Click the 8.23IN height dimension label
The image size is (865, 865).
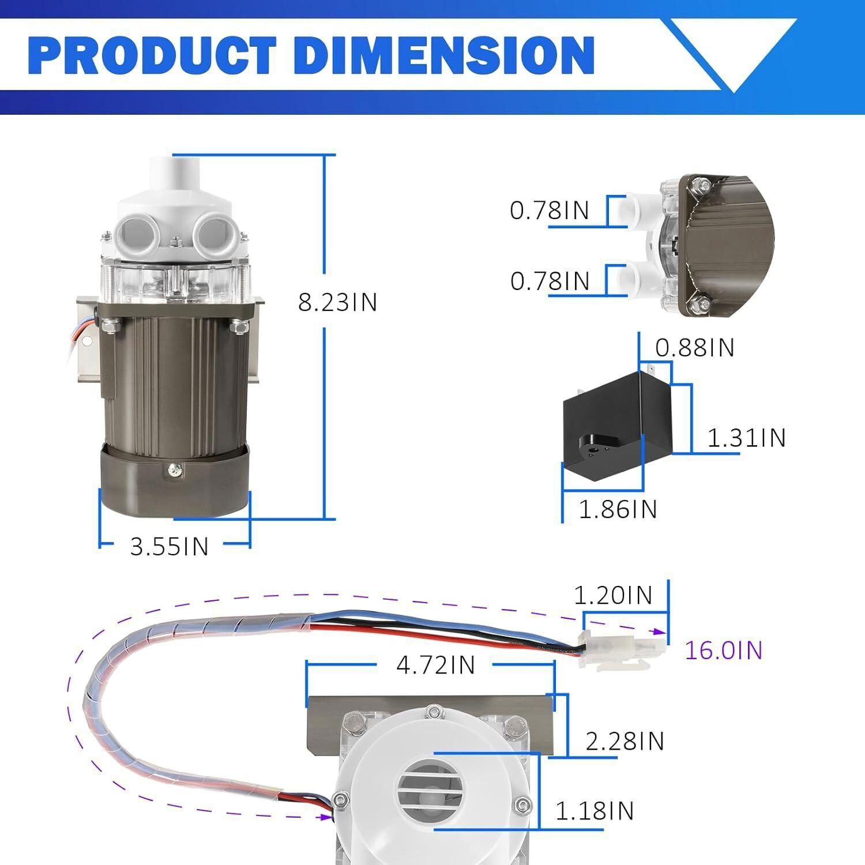click(x=337, y=302)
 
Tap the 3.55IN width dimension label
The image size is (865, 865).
click(x=169, y=546)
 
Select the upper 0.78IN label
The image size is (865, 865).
click(x=549, y=210)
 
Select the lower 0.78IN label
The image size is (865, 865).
click(x=550, y=281)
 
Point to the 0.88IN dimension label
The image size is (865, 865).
click(x=694, y=348)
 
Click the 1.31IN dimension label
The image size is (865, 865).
click(x=746, y=438)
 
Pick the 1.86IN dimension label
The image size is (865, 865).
click(x=618, y=509)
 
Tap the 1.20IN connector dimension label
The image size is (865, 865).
click(x=613, y=595)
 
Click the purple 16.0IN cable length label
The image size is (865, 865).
click(x=723, y=650)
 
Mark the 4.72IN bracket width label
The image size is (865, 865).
click(x=435, y=665)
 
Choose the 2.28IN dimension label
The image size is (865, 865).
click(x=625, y=742)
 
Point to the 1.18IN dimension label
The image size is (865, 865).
click(x=594, y=811)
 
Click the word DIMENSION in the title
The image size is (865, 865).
click(x=444, y=56)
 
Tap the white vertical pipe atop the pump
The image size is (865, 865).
click(x=174, y=176)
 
